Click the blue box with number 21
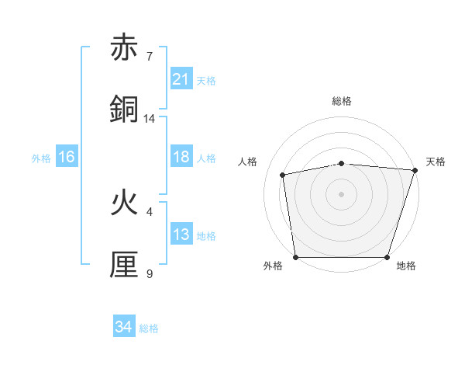[181, 79]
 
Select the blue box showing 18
[181, 157]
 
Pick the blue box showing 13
[181, 235]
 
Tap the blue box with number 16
[67, 157]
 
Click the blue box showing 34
[124, 327]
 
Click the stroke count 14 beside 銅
[150, 119]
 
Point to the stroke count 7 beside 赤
[150, 57]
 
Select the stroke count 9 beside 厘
[150, 274]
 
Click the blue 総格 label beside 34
[149, 328]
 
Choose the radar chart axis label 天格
[436, 162]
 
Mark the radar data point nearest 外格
[295, 257]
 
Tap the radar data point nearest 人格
[284, 175]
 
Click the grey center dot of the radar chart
[342, 193]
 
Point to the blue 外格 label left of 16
[41, 158]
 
